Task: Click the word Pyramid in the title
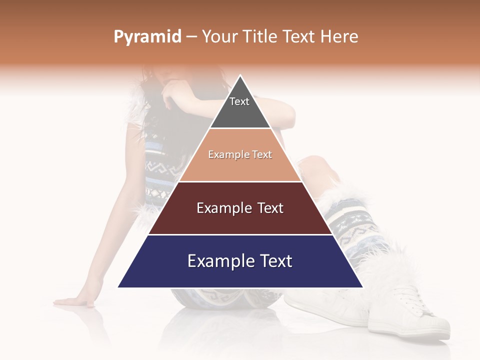point(147,37)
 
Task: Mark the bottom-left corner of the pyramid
point(118,287)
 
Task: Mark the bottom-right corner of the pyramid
point(362,287)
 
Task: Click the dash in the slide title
point(191,37)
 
